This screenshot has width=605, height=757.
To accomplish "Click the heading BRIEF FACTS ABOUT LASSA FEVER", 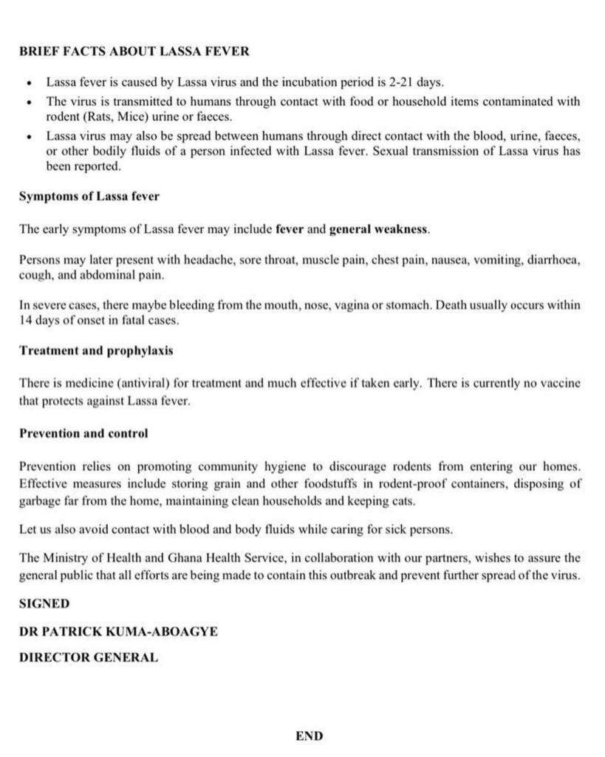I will (134, 52).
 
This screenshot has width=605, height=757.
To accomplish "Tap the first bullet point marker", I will (29, 83).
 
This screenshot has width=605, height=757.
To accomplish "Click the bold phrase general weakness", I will (378, 229).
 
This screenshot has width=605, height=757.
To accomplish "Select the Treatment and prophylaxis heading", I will (96, 350).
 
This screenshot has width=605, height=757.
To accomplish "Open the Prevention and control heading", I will (83, 433).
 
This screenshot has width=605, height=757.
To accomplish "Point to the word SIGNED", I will (44, 604).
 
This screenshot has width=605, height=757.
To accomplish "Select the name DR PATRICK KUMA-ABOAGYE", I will (118, 631).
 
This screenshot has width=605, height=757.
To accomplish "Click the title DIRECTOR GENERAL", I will (88, 657).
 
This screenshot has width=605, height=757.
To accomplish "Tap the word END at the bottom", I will (309, 736).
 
